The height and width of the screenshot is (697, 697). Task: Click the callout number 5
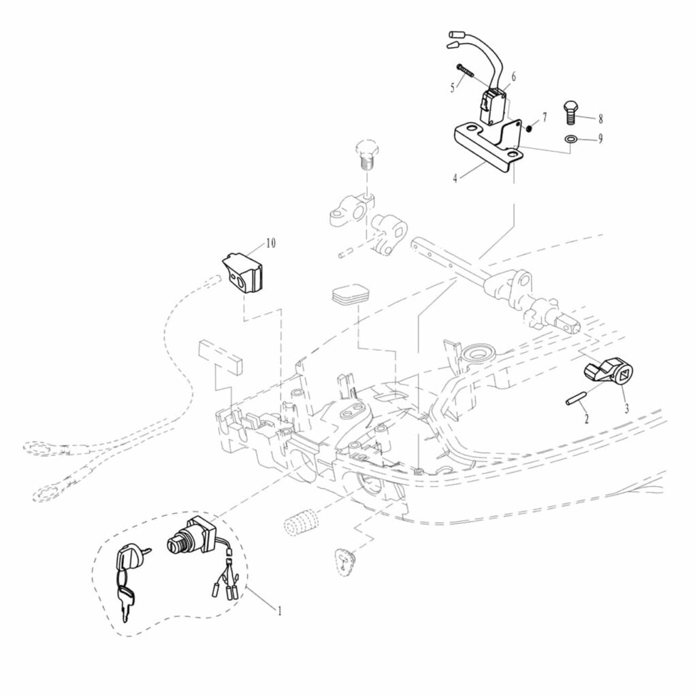452,87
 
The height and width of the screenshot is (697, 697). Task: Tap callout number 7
544,118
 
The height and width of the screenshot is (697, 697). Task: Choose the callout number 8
600,118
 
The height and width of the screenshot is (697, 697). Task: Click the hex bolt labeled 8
571,111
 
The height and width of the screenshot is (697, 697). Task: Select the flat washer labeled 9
571,140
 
